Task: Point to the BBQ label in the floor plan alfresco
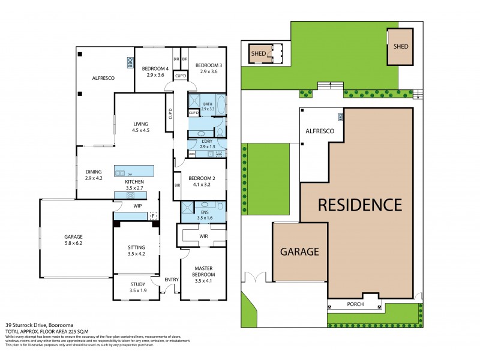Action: click(129, 61)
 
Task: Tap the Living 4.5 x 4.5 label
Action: click(141, 127)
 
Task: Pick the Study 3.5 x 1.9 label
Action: click(137, 287)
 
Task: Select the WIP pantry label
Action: click(137, 205)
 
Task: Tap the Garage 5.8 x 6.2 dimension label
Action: click(74, 240)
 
